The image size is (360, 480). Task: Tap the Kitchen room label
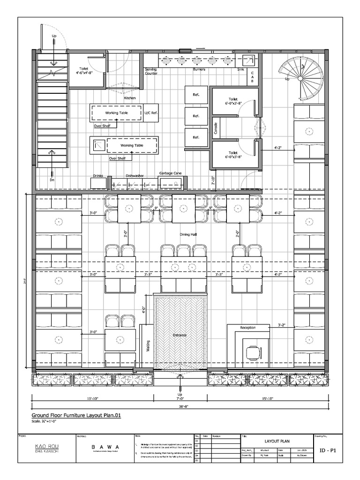(130, 98)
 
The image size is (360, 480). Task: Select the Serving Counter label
(150, 71)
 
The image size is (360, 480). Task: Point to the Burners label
(199, 69)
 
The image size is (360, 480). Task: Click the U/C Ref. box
(151, 113)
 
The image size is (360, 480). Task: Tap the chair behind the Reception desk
(253, 352)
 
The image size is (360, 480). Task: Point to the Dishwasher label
(135, 176)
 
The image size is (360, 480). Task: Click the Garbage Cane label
(170, 173)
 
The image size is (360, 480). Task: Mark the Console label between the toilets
(216, 129)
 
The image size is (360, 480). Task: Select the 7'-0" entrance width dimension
(180, 398)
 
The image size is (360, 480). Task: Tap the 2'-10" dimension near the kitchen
(212, 180)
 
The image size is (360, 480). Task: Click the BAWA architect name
(105, 447)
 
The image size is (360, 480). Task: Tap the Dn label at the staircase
(52, 180)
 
